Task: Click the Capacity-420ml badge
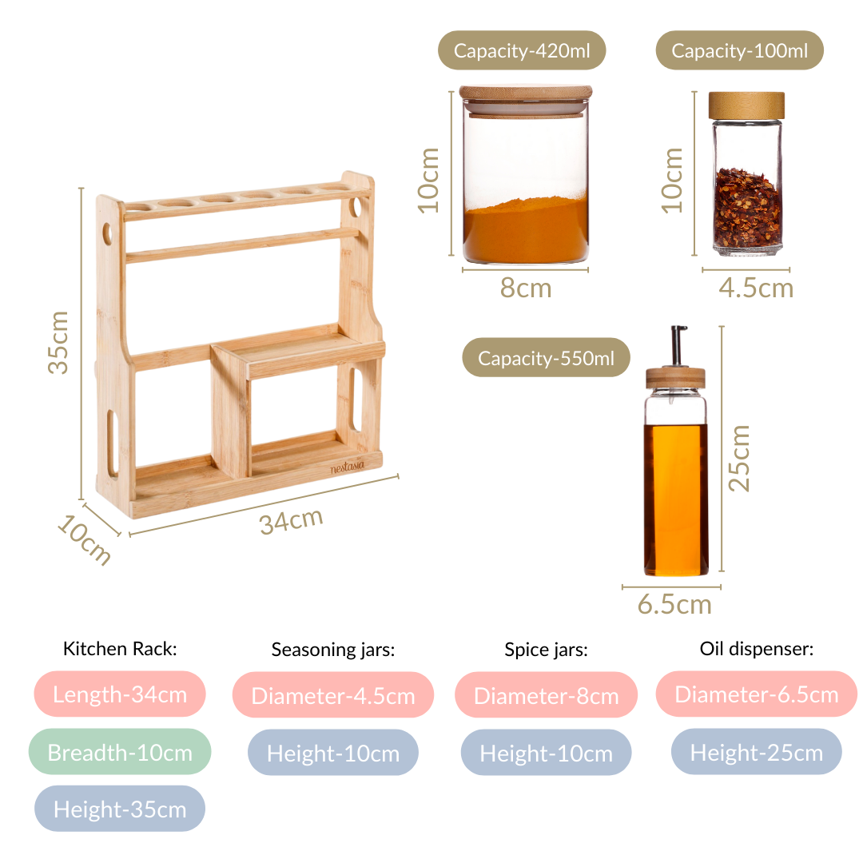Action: [522, 50]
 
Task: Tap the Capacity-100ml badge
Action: [739, 50]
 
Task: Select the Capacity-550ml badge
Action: [546, 357]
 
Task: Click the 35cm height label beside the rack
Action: [58, 342]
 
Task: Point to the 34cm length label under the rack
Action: [291, 521]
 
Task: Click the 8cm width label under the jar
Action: [526, 288]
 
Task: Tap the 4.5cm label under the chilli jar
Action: [756, 288]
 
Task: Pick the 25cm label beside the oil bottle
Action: [739, 458]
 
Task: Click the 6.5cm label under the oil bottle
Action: [674, 604]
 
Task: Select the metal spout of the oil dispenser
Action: [678, 346]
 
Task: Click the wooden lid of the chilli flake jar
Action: [746, 105]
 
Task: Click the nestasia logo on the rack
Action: [348, 467]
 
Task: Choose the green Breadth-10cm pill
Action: [120, 752]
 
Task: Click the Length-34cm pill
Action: [120, 694]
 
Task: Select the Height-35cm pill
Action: [120, 809]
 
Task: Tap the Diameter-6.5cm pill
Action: [757, 694]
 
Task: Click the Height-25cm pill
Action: [757, 752]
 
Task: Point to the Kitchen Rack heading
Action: [120, 648]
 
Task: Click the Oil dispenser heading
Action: [757, 649]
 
